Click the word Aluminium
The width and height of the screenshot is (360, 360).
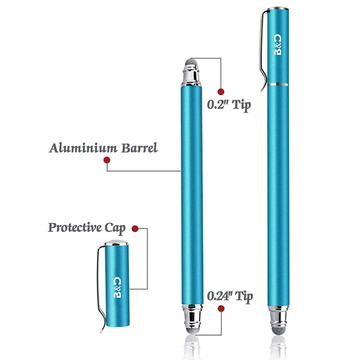coord(83,148)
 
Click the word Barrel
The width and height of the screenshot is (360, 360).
coord(139,148)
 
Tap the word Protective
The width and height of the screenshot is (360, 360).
coord(75,228)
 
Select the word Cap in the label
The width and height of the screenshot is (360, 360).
coord(115,228)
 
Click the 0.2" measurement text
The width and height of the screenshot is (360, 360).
coord(217,105)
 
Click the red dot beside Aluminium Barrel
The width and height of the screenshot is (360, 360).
coord(107,160)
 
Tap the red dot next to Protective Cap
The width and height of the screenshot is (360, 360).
coord(135,229)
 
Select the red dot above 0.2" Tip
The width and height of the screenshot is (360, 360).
coord(221,92)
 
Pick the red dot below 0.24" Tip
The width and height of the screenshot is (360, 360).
coord(221,309)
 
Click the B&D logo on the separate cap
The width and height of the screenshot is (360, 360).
coord(117,287)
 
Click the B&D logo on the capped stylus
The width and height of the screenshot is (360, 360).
coord(278,45)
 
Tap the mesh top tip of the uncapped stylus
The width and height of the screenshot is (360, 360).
coord(191,62)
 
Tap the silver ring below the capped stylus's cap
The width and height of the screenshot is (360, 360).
coord(278,84)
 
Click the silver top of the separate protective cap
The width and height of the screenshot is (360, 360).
coord(117,243)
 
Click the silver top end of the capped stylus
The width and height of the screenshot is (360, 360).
coord(278,9)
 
